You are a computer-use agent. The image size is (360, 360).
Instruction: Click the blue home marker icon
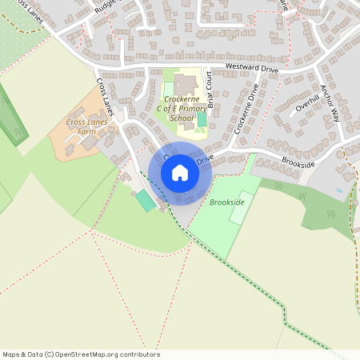point(180,172)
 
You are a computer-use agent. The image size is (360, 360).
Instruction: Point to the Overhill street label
point(306,102)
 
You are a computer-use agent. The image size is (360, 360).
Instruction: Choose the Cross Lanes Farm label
point(86,128)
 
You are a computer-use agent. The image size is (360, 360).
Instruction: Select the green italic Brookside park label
point(226,203)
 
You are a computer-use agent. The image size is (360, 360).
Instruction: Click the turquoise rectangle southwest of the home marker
point(146,200)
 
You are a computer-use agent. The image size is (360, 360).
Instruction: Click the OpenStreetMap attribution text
point(80,354)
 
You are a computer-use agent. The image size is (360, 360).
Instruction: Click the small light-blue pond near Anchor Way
point(339,191)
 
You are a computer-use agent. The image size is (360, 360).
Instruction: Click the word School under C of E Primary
point(183,118)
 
